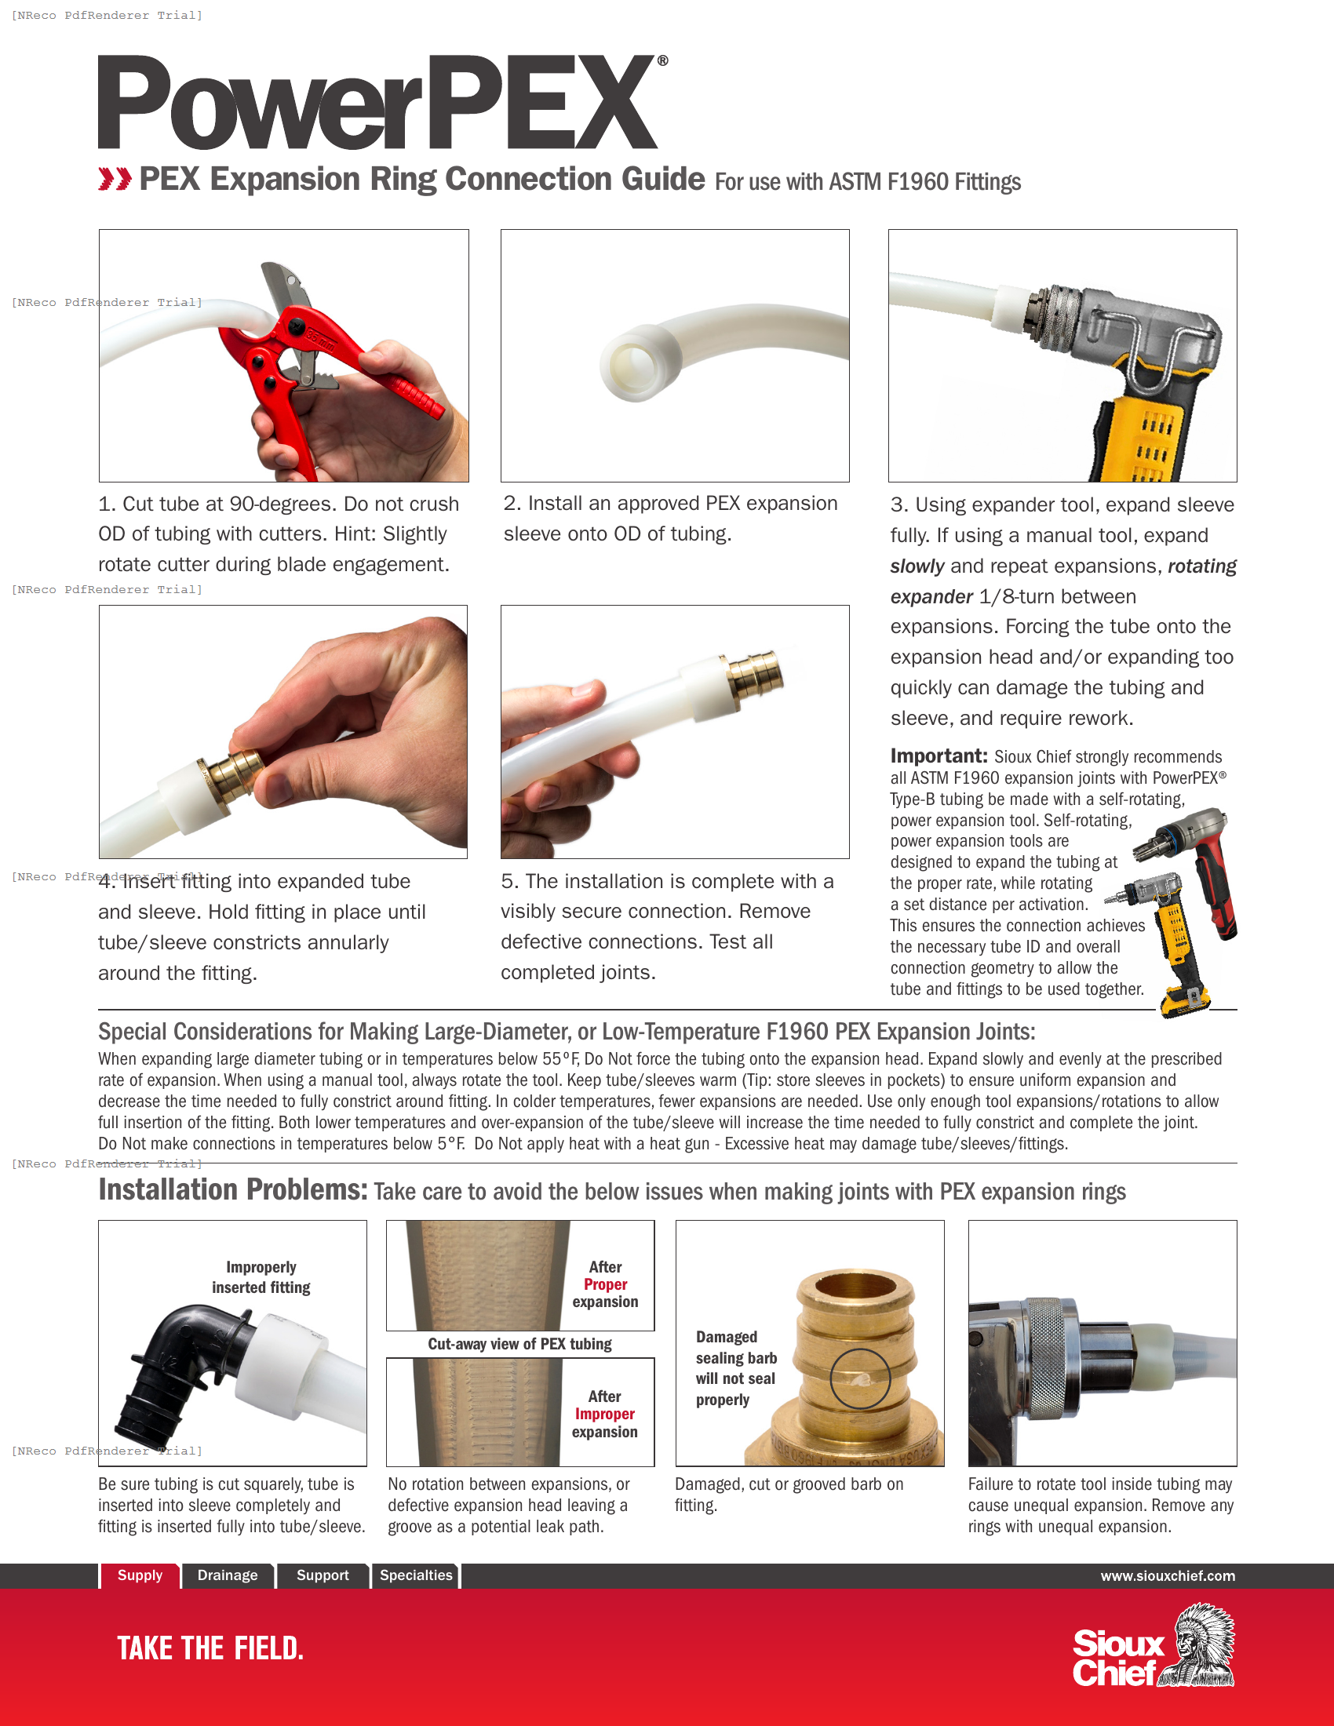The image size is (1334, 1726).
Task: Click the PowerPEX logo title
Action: coord(377,103)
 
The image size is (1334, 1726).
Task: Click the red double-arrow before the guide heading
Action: coord(115,180)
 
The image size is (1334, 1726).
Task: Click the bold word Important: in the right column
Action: coord(938,756)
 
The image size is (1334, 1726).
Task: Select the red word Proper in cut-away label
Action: coord(605,1284)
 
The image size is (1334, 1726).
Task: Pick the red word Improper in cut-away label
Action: coord(604,1414)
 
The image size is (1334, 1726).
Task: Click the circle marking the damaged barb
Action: coord(860,1379)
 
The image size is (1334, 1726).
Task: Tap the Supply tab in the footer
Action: coord(140,1575)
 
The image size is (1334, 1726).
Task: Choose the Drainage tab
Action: coord(228,1575)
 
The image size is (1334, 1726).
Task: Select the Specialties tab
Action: coord(416,1575)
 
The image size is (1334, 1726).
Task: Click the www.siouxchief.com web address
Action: coord(1168,1576)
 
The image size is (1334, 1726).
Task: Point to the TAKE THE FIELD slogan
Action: coord(210,1648)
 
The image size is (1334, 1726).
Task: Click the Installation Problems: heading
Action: coord(233,1189)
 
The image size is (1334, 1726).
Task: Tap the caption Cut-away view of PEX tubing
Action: coord(519,1343)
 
